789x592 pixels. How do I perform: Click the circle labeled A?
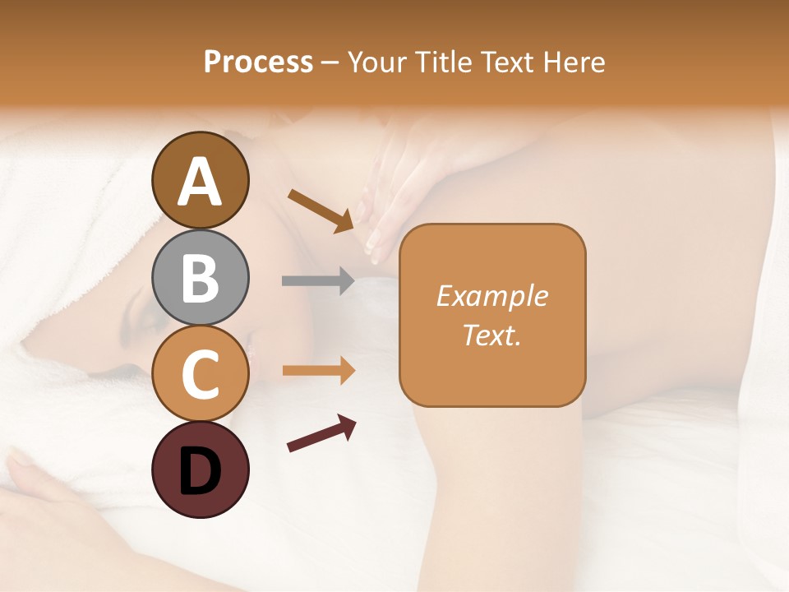[200, 180]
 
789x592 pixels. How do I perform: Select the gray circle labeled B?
[200, 277]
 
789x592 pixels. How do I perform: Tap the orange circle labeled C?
[200, 373]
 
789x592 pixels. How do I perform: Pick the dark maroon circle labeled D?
[200, 469]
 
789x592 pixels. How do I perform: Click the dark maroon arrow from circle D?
[321, 433]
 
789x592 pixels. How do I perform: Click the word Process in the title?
[258, 62]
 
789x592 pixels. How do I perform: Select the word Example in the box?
[492, 296]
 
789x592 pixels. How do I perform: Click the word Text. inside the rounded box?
[492, 335]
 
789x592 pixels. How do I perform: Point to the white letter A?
[200, 182]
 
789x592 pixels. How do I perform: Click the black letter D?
[200, 471]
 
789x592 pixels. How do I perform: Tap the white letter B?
[200, 278]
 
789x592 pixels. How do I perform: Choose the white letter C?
[200, 374]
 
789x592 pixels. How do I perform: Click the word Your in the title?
[375, 62]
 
